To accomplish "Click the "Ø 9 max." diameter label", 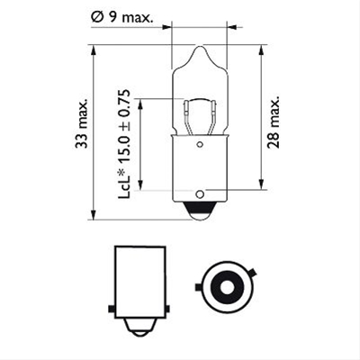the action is (x=121, y=18).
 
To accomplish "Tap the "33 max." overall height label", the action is (x=82, y=123).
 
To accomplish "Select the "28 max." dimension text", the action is (x=274, y=122).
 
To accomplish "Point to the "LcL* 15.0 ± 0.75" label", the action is (x=124, y=144).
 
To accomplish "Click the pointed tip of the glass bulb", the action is (x=201, y=46).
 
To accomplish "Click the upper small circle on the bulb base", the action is (x=200, y=145).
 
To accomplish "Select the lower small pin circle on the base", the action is (x=200, y=194).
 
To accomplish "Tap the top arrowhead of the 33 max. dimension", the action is (x=94, y=50).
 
